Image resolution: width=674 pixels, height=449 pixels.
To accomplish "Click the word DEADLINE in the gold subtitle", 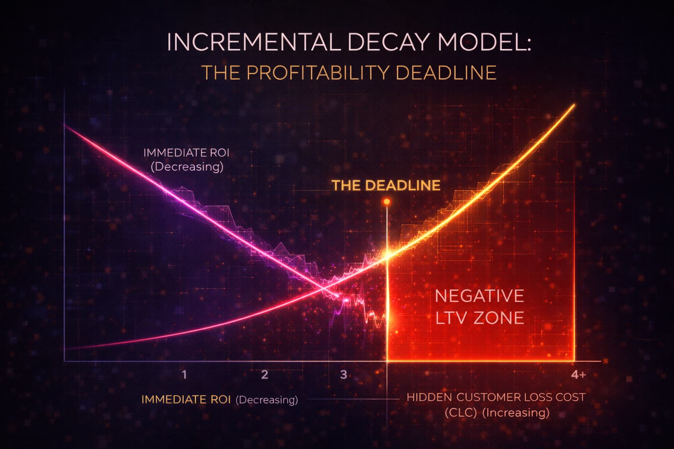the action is click(x=446, y=73).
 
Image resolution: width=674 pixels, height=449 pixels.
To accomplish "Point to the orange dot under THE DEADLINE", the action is click(x=387, y=202).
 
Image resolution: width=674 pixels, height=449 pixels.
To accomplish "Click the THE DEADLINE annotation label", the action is click(x=386, y=185).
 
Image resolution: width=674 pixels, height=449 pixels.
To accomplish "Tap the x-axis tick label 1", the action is click(x=184, y=375).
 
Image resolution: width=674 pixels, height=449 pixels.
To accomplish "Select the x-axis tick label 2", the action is click(x=265, y=375).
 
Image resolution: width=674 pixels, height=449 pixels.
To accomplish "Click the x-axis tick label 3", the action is click(x=344, y=375).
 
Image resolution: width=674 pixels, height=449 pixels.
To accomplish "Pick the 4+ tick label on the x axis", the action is click(x=578, y=375).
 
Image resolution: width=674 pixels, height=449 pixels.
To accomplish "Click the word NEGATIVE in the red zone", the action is click(x=479, y=296).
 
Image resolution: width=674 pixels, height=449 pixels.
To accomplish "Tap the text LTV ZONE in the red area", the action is click(x=480, y=318).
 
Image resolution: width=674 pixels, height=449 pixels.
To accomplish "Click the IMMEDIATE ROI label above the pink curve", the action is click(x=186, y=153).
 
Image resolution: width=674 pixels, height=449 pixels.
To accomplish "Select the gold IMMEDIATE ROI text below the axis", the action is click(x=186, y=400).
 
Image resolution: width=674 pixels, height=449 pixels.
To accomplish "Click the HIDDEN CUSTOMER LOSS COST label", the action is click(x=496, y=397).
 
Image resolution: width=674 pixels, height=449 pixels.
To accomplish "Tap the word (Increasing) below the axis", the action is click(x=516, y=413).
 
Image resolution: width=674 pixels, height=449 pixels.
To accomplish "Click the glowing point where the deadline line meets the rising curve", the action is click(x=387, y=256).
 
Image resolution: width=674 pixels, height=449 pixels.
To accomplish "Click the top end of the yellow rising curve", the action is click(x=574, y=105).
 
